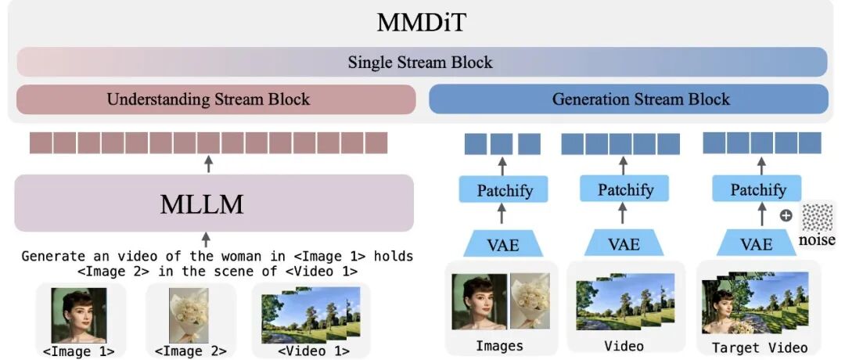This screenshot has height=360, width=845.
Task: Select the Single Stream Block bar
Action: (422, 62)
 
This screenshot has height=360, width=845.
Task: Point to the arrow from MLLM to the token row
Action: (207, 164)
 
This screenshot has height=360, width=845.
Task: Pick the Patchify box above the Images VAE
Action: (501, 190)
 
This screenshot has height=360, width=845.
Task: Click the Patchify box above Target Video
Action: (758, 190)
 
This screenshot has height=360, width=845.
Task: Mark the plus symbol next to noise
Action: (786, 215)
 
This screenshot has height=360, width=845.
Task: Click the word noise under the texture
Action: (816, 240)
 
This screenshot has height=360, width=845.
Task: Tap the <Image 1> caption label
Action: (78, 351)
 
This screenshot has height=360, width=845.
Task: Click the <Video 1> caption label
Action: (311, 351)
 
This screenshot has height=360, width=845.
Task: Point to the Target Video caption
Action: (758, 347)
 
